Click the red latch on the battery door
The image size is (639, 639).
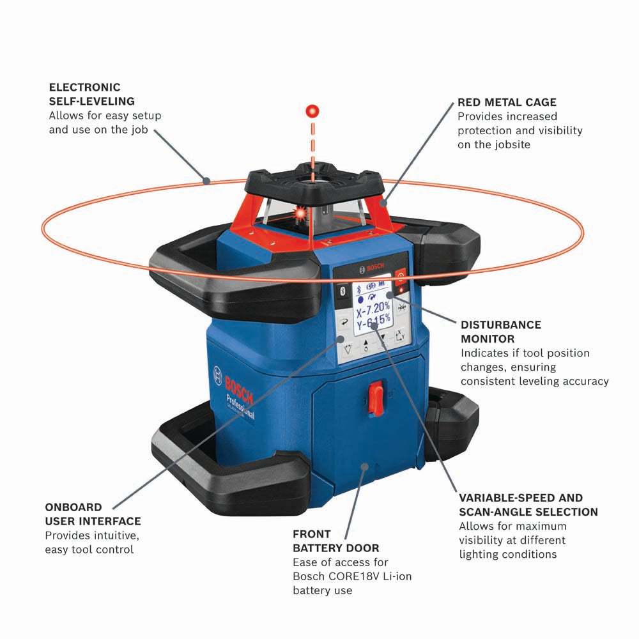(378, 398)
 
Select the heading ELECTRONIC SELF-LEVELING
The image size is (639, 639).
(91, 94)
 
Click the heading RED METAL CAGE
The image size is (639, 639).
(507, 102)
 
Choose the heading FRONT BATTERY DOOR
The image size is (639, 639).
(335, 541)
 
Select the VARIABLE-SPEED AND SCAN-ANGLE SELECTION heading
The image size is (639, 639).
(528, 504)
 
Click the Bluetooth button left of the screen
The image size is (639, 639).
(343, 291)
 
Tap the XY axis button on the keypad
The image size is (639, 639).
(399, 336)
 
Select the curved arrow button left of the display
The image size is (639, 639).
(345, 322)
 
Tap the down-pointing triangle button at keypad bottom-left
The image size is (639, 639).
(348, 349)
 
